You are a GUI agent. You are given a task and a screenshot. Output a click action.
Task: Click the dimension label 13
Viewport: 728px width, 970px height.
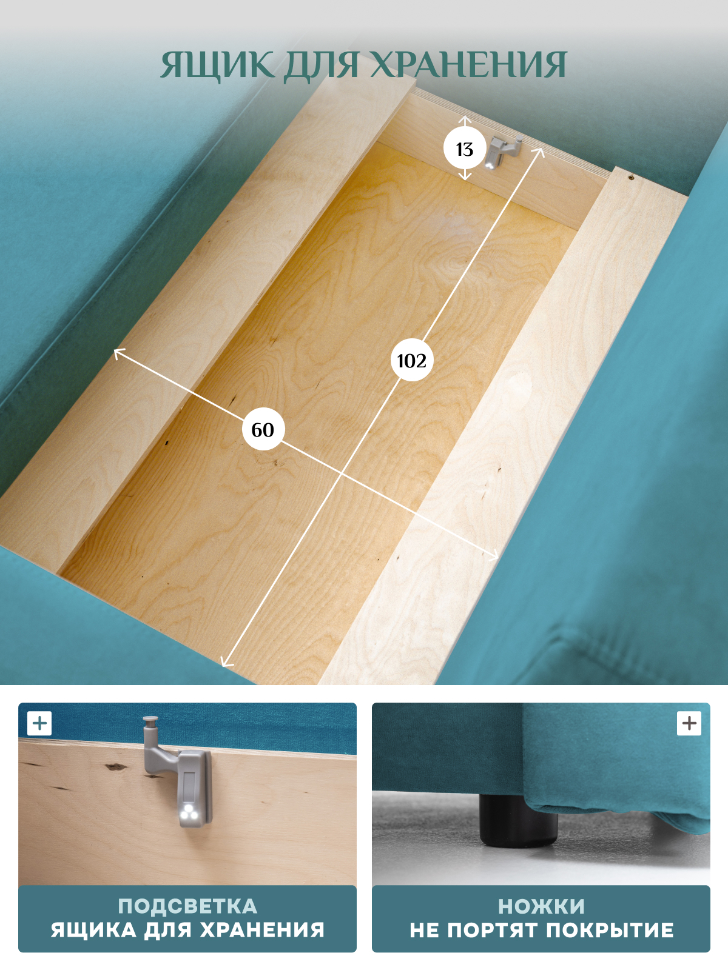(x=465, y=149)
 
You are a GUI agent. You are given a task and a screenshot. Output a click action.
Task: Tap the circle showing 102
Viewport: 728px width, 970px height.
(x=412, y=361)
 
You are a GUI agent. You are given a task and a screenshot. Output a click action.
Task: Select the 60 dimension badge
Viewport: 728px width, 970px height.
(x=263, y=429)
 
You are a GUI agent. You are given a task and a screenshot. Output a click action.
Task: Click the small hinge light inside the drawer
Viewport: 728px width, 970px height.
(x=502, y=152)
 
